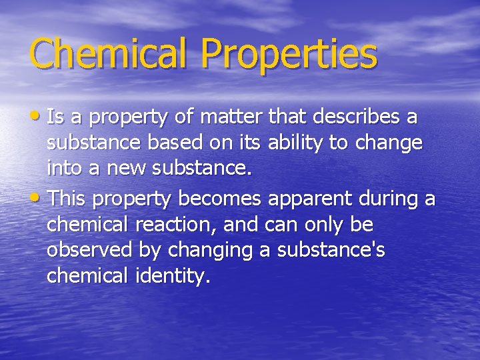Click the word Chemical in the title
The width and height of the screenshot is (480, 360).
(107, 53)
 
